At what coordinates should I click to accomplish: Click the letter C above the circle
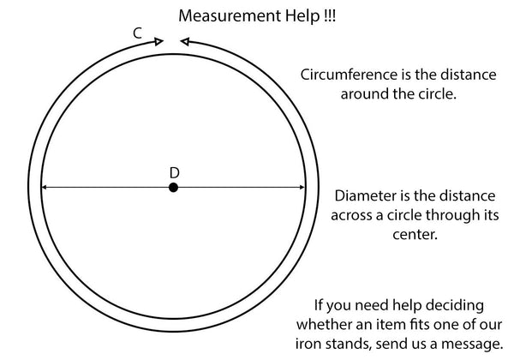click(x=138, y=33)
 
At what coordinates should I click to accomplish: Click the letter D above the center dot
click(x=175, y=173)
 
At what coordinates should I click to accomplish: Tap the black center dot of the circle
click(x=173, y=188)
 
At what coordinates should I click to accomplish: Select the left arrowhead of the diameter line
click(x=45, y=187)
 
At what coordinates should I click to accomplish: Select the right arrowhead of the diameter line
click(x=302, y=187)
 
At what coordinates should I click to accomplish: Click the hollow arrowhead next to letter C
click(x=159, y=42)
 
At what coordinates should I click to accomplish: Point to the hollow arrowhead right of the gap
click(x=185, y=42)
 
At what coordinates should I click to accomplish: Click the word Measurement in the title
click(x=230, y=15)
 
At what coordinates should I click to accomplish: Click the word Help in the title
click(x=302, y=16)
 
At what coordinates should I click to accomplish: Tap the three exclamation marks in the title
click(x=329, y=15)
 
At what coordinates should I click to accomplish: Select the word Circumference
click(x=349, y=75)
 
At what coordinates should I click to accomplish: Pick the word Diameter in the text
click(x=366, y=195)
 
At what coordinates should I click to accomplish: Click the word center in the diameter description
click(x=415, y=234)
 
